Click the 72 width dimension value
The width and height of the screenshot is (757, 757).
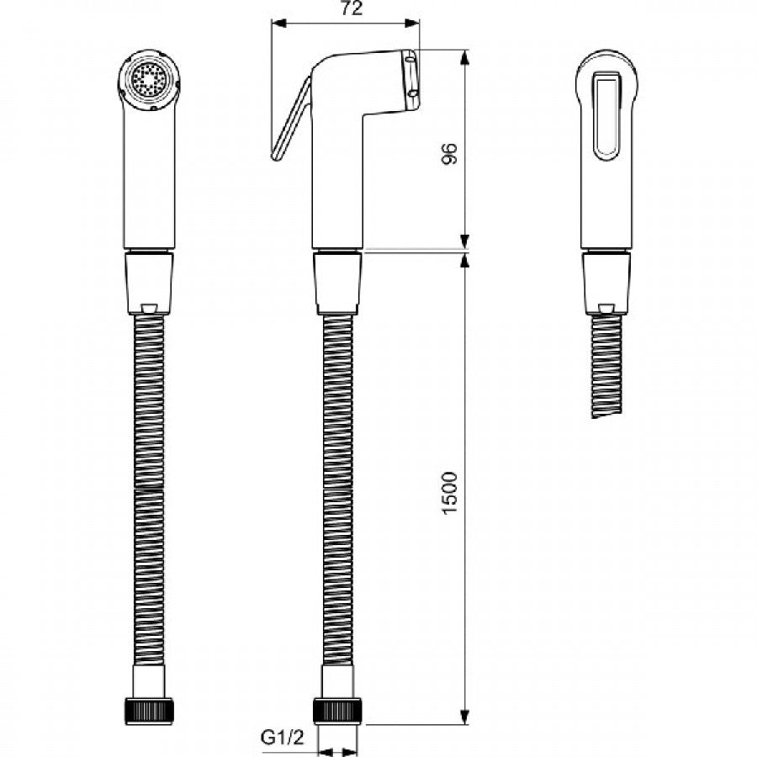point(352,8)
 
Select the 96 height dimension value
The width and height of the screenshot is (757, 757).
point(449,154)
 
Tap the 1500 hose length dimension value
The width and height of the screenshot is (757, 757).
point(449,493)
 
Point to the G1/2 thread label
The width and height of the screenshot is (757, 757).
point(283,737)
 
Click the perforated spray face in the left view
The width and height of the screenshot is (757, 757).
point(149,80)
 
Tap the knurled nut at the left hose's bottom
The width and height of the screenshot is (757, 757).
point(149,711)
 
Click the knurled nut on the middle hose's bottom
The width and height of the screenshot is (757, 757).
point(337,711)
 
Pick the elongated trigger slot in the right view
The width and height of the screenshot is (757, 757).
point(606,116)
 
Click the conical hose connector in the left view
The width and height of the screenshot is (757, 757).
point(149,283)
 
